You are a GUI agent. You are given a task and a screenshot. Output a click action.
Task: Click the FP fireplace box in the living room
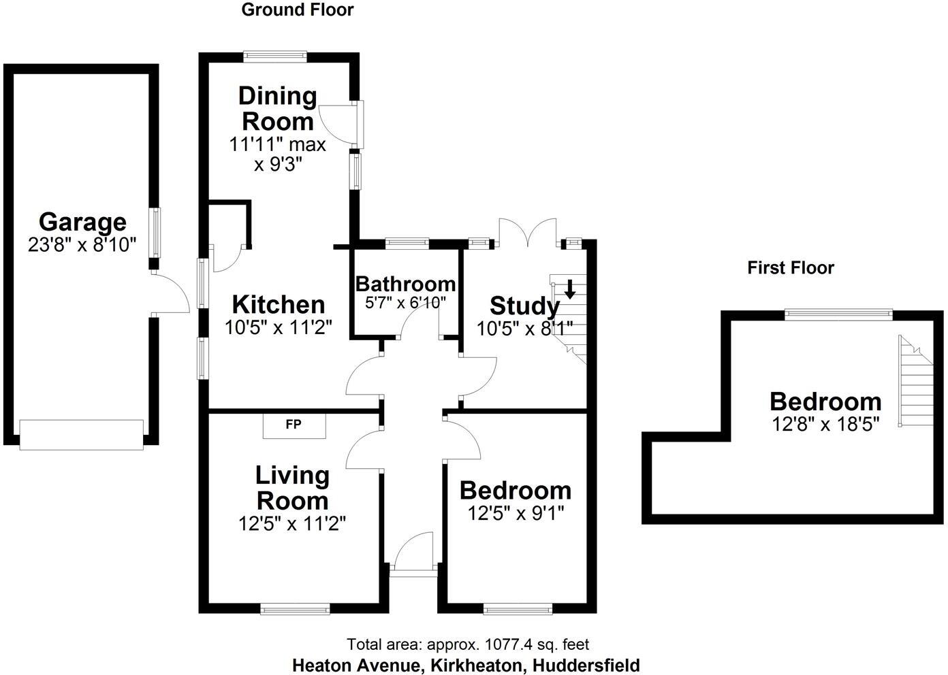coord(294,425)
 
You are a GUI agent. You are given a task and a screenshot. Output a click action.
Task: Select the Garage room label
coord(82,222)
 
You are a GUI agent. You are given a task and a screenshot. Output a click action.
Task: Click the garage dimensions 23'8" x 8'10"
coord(82,245)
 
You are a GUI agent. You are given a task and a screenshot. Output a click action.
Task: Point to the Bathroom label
coord(405,284)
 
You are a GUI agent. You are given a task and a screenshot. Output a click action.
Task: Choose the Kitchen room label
coord(279,304)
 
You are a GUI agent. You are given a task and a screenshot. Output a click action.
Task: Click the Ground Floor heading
coord(298,10)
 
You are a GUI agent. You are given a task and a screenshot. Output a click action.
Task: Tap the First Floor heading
coord(790,267)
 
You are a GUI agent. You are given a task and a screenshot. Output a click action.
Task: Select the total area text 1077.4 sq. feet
coord(468,644)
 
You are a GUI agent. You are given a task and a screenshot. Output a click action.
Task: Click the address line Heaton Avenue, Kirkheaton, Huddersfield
coord(466,665)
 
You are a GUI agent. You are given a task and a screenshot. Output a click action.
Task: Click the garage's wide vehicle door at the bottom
coord(82,435)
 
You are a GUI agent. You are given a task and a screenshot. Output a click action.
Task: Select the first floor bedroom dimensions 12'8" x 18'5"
coord(825,424)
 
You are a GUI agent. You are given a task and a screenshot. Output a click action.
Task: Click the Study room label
coord(524,306)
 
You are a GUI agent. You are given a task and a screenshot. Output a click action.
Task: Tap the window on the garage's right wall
coord(155,232)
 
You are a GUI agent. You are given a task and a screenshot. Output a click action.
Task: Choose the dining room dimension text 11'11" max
coord(277,144)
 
